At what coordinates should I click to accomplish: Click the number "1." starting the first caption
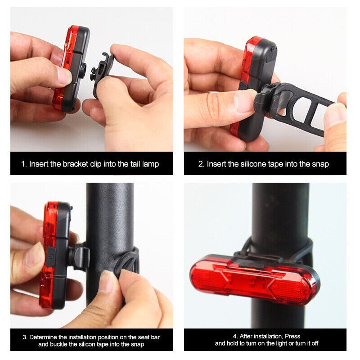pos(24,164)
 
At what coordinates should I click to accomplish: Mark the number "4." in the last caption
pos(235,336)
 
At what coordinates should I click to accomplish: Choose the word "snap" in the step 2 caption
pos(320,164)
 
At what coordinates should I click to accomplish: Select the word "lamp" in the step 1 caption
pos(150,164)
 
